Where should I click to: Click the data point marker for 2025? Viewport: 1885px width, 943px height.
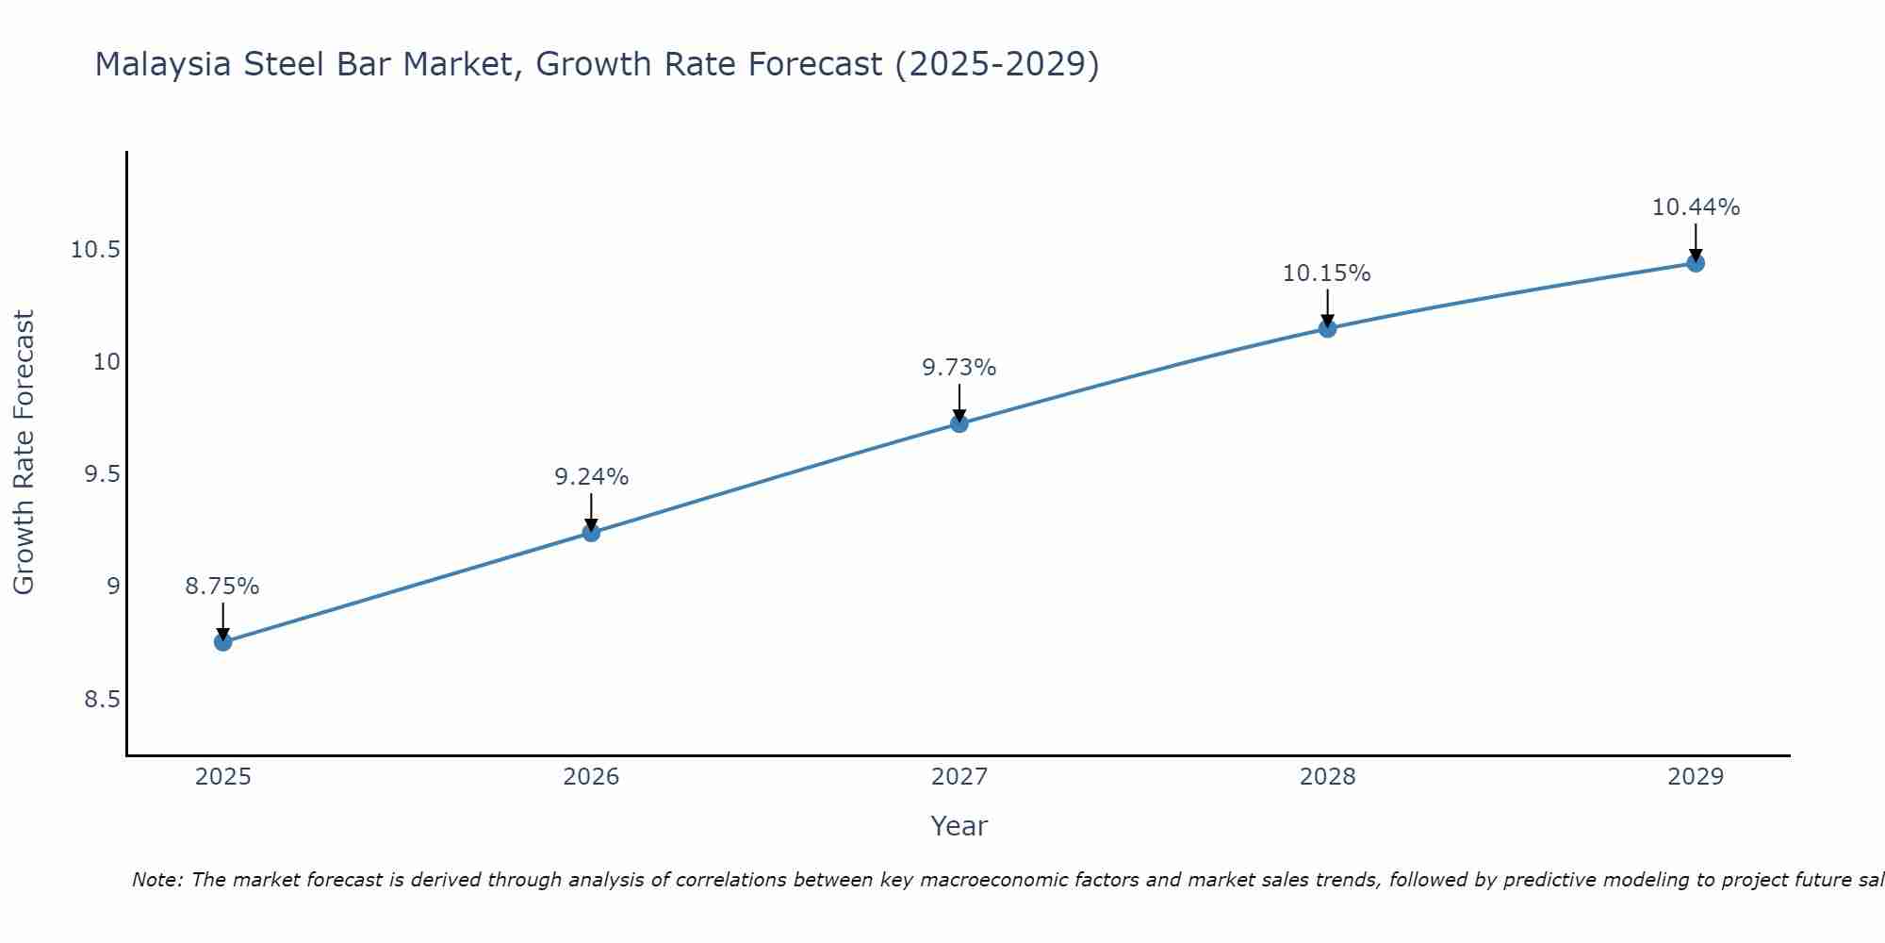pos(223,642)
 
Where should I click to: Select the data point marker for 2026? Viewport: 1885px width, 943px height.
pos(591,533)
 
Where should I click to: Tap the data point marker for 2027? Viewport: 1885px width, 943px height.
pos(959,423)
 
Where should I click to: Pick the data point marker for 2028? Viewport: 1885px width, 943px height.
pos(1327,328)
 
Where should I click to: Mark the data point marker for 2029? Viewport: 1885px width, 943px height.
pos(1696,263)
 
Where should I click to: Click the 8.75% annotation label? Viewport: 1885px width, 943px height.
pos(222,587)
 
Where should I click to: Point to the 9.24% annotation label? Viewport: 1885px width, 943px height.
pos(591,477)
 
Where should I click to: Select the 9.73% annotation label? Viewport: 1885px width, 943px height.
pos(959,368)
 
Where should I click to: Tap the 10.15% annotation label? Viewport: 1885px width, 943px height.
pos(1327,273)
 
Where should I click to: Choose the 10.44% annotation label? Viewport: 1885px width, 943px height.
pos(1696,207)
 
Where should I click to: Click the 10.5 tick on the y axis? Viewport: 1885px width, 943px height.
pos(95,250)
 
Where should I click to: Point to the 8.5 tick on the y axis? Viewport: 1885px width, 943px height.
pos(102,700)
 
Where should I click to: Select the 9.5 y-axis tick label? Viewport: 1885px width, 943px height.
pos(102,474)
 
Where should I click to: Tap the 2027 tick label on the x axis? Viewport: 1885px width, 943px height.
pos(959,777)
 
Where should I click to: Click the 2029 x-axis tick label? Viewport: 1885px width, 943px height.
pos(1696,777)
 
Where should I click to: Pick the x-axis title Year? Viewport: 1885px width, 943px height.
pos(959,827)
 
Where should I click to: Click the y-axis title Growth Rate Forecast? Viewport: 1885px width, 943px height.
pos(24,453)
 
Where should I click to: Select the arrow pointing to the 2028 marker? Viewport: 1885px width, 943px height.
pos(1327,306)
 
